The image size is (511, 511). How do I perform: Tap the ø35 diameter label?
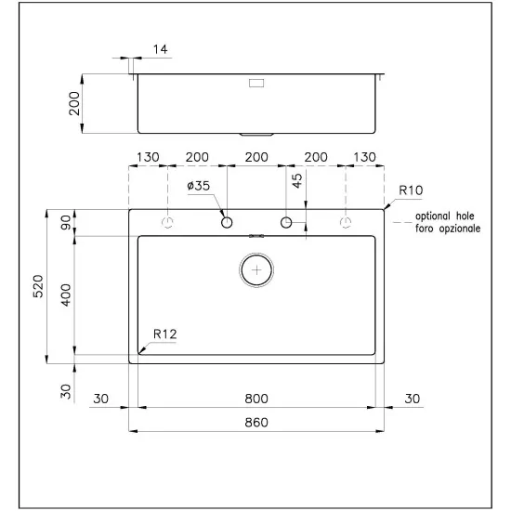tap(199, 186)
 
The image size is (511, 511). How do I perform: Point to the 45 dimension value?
tap(298, 180)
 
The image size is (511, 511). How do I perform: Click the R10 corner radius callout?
tap(410, 190)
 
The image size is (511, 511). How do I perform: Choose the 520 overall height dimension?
tap(38, 286)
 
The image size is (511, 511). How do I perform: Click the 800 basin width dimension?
tap(256, 399)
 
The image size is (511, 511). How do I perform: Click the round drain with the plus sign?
tap(256, 269)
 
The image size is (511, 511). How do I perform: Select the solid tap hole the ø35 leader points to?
tap(226, 222)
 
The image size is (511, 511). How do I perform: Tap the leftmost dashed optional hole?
tap(168, 222)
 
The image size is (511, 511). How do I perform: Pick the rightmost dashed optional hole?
tap(346, 222)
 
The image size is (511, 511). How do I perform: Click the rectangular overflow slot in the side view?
tap(255, 84)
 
